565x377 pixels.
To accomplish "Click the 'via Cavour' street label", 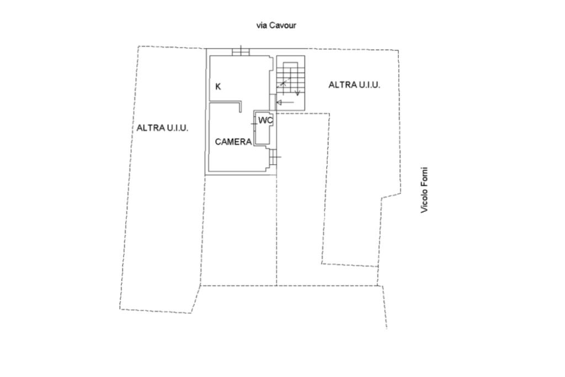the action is click(276, 25).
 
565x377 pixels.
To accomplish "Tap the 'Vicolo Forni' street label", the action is click(424, 190).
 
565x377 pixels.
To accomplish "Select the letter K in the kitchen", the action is click(218, 86).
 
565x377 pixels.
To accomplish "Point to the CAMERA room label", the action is click(233, 142).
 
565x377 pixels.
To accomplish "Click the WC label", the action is click(265, 120).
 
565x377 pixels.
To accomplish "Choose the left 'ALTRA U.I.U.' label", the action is click(162, 128).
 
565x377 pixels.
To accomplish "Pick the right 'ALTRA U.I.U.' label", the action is click(354, 85).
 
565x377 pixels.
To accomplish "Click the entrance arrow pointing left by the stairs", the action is click(285, 103).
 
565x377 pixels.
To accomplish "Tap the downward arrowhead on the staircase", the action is click(297, 92).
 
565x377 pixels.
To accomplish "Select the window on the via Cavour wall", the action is click(241, 51).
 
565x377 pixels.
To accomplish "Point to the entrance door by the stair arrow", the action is click(272, 102).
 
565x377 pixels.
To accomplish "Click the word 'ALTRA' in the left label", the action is click(149, 128).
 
